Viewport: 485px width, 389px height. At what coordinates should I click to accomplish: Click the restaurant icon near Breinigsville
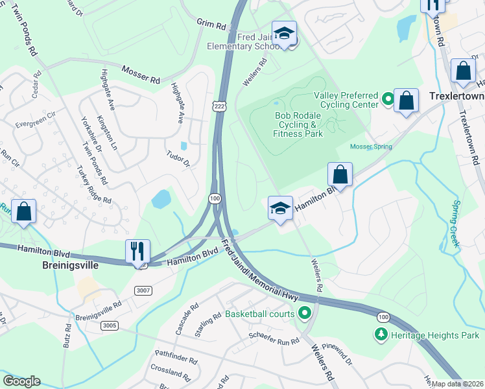[x=138, y=250]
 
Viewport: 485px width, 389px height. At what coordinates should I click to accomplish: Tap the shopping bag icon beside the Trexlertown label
[x=406, y=101]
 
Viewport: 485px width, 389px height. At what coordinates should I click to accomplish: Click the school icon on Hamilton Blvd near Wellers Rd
[x=280, y=209]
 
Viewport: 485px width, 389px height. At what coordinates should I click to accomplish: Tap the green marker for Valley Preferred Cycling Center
[x=388, y=100]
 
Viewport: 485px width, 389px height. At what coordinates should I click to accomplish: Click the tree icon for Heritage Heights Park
[x=381, y=335]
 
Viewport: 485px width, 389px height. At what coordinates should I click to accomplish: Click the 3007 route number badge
[x=144, y=290]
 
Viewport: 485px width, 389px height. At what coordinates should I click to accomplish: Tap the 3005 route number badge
[x=110, y=325]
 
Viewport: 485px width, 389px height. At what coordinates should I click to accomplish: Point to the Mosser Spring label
[x=371, y=147]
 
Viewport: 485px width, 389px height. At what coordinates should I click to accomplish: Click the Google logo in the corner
[x=22, y=381]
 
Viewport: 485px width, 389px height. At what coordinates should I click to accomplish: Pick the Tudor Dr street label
[x=178, y=159]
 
